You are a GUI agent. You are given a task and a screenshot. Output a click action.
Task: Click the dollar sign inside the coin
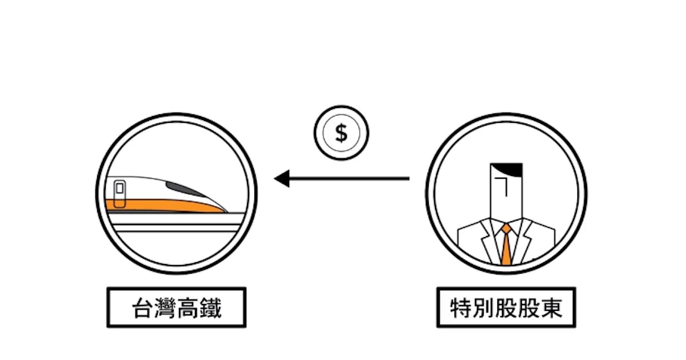(341, 133)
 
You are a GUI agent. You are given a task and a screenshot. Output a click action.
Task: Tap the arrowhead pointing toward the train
(282, 179)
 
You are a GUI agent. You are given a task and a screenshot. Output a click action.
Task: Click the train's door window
(120, 188)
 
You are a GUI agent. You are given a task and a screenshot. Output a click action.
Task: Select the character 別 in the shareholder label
(484, 308)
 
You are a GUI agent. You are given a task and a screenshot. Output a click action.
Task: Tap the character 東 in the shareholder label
(552, 308)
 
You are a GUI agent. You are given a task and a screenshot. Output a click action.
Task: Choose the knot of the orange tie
(506, 230)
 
